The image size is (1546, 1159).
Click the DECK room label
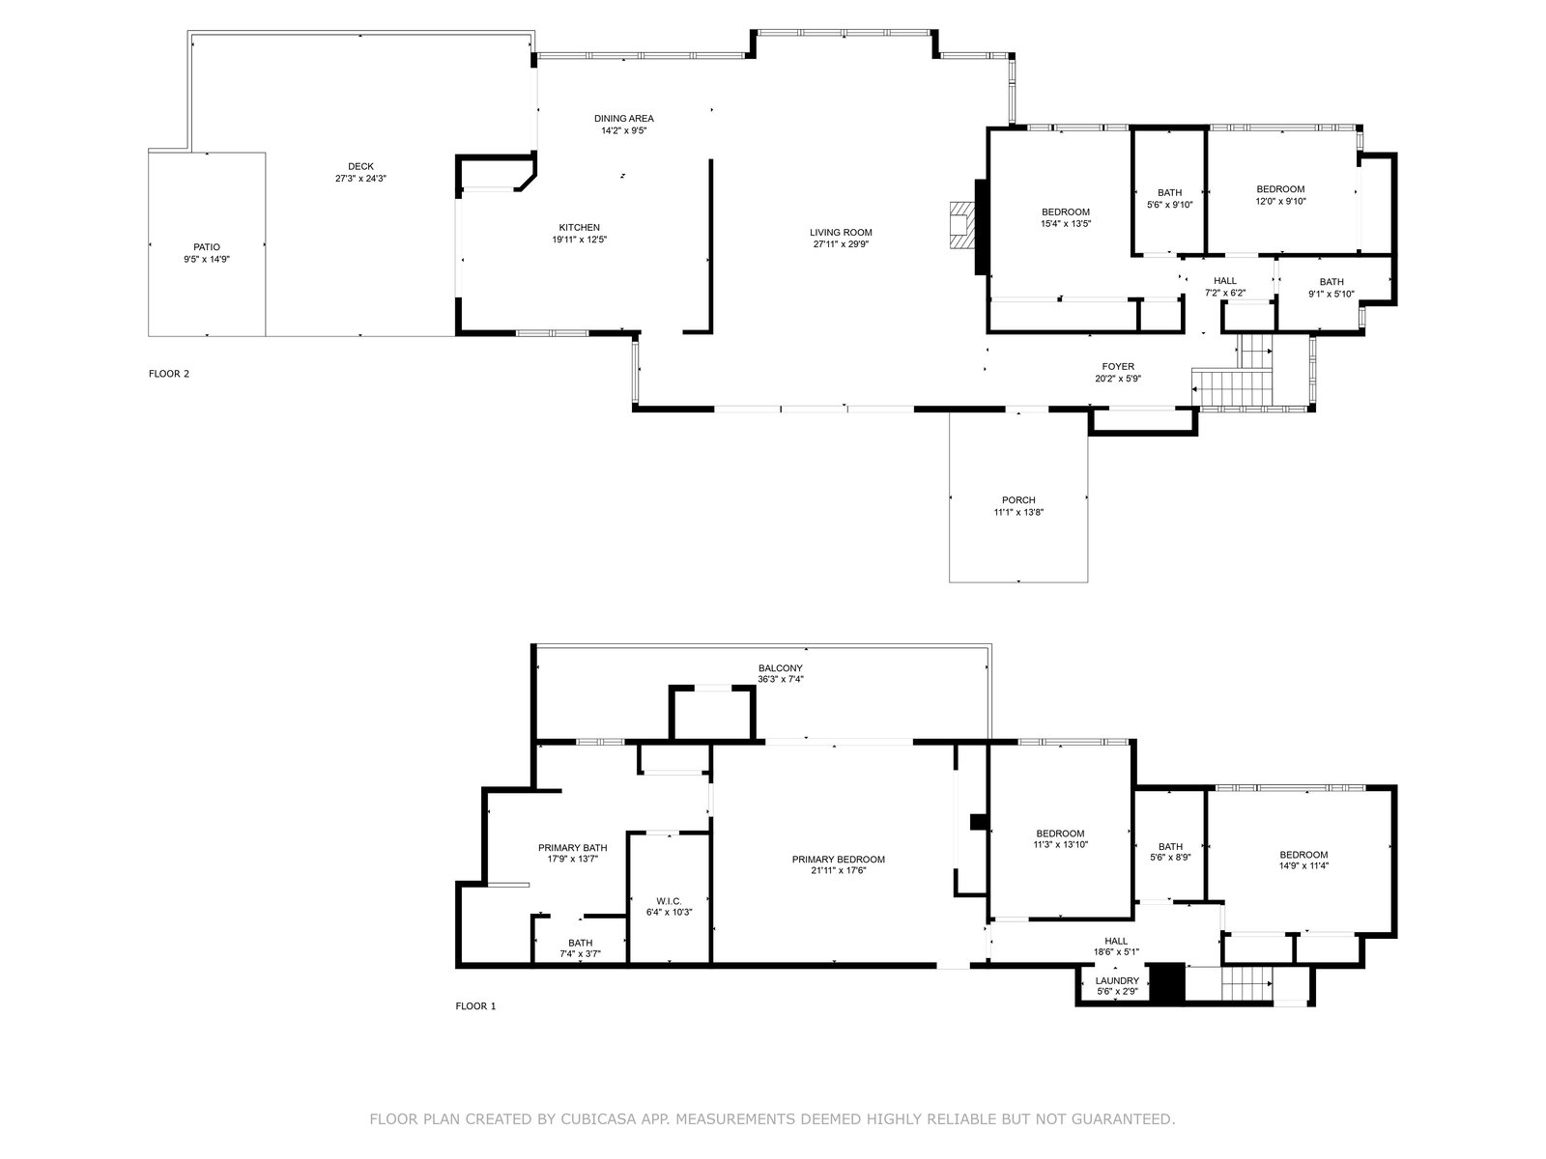tap(360, 166)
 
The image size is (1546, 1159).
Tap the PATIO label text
tap(207, 247)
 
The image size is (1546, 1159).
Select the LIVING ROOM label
tap(841, 232)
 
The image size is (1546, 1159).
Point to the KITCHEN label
tap(579, 227)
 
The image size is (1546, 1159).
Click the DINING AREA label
tap(623, 118)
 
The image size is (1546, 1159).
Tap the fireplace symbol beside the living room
tap(959, 225)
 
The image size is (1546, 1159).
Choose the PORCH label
tap(1018, 500)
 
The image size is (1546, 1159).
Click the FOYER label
tap(1118, 367)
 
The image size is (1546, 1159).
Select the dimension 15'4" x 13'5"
tap(1066, 224)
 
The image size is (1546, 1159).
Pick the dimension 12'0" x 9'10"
tap(1280, 201)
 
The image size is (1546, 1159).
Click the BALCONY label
tap(780, 667)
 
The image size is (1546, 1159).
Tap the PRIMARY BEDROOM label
tap(838, 860)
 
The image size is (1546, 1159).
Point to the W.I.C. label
tap(669, 901)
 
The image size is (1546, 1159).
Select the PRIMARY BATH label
tap(572, 848)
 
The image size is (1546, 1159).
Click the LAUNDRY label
tap(1117, 981)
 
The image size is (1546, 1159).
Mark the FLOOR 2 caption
tap(169, 374)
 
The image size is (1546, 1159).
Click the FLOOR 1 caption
tap(475, 1006)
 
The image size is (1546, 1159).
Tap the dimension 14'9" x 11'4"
tap(1303, 866)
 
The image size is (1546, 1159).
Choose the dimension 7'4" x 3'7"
tap(581, 954)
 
